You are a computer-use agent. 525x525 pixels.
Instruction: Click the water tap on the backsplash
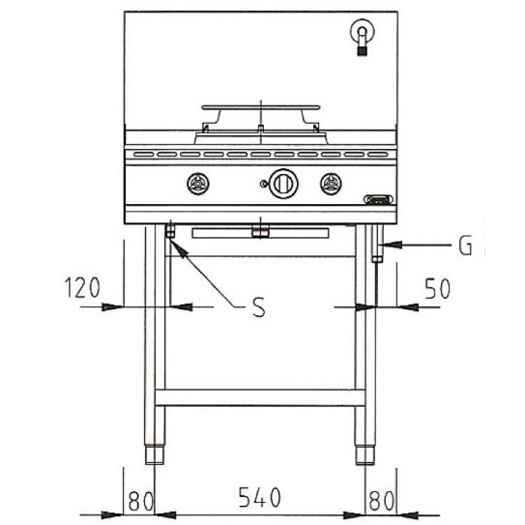click(363, 37)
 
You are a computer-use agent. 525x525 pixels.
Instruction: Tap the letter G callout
click(465, 247)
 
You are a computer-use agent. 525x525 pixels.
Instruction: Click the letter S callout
click(258, 308)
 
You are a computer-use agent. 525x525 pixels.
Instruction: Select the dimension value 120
click(82, 288)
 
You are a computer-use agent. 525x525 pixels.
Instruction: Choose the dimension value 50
click(437, 288)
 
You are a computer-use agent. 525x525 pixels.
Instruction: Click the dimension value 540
click(259, 498)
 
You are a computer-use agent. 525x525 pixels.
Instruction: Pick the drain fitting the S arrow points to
click(171, 233)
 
